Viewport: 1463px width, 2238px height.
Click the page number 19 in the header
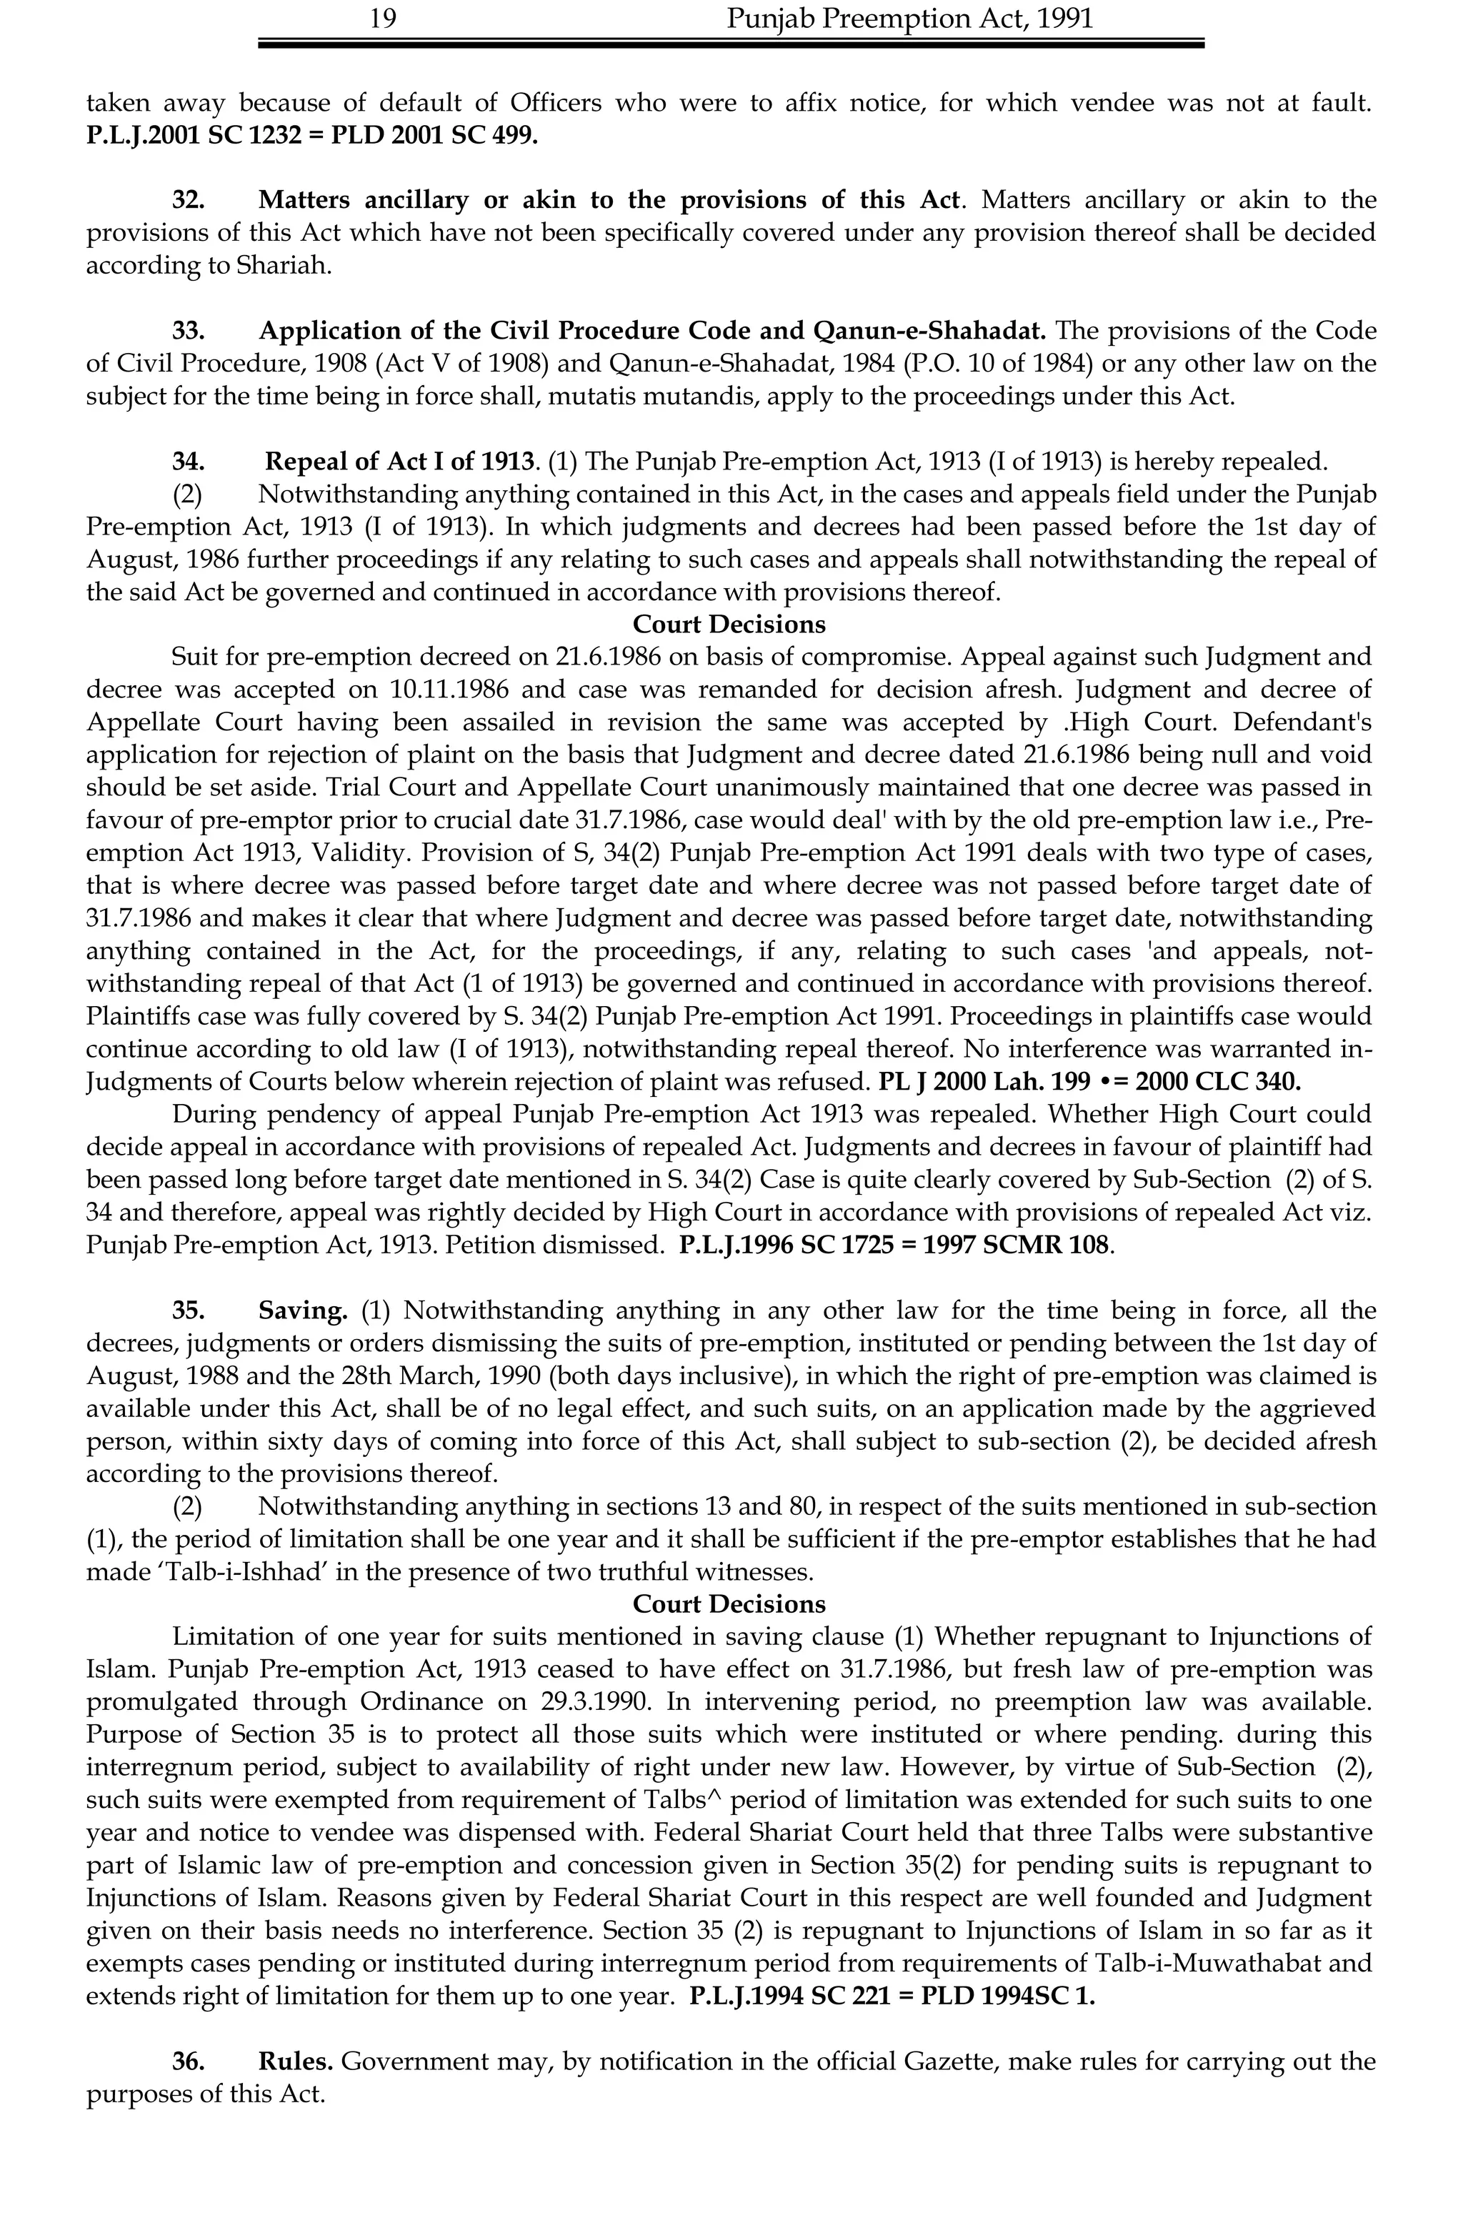pyautogui.click(x=383, y=19)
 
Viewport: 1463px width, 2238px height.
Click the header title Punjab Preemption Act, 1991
pyautogui.click(x=909, y=19)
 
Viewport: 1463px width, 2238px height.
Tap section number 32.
pyautogui.click(x=188, y=199)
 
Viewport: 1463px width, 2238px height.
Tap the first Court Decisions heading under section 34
pyautogui.click(x=729, y=625)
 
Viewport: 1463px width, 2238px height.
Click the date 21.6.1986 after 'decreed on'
pyautogui.click(x=582, y=657)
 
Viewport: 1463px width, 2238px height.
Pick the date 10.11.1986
pyautogui.click(x=449, y=690)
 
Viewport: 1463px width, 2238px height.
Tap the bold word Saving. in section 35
pyautogui.click(x=303, y=1311)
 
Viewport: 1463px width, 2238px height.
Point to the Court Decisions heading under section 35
pyautogui.click(x=729, y=1604)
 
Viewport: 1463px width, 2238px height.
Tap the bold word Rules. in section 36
pyautogui.click(x=295, y=2062)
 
